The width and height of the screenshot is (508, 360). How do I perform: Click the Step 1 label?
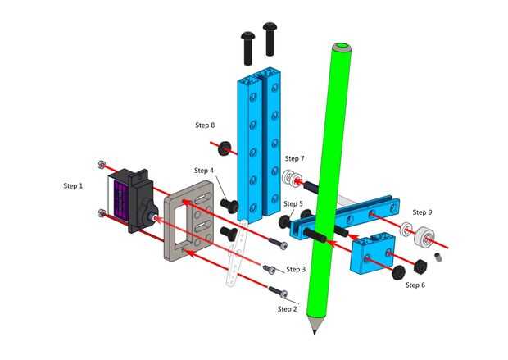point(73,186)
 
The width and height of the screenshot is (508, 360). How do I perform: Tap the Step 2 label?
point(287,309)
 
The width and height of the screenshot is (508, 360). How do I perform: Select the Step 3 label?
point(296,269)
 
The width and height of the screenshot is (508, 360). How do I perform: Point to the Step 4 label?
point(204,171)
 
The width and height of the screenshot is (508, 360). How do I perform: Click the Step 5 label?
point(293,203)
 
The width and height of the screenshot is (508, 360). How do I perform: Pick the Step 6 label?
point(415,285)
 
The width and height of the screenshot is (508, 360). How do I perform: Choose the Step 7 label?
point(294,158)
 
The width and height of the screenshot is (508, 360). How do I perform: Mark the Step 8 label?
point(205,125)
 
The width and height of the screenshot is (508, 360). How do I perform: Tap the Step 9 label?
point(422,212)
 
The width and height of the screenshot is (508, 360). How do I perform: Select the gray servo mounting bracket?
point(188,221)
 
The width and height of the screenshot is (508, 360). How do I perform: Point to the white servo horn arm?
point(235,253)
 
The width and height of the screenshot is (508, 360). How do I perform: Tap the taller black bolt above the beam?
point(270,39)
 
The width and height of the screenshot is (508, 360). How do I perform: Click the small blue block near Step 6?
point(373,253)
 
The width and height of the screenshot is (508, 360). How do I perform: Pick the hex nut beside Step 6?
point(420,266)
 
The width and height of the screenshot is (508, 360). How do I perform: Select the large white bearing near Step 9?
point(424,237)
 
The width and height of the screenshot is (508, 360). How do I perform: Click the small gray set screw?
point(438,257)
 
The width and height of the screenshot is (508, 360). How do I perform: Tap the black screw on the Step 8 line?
point(225,148)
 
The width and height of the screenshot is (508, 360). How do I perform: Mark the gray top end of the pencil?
point(342,47)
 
